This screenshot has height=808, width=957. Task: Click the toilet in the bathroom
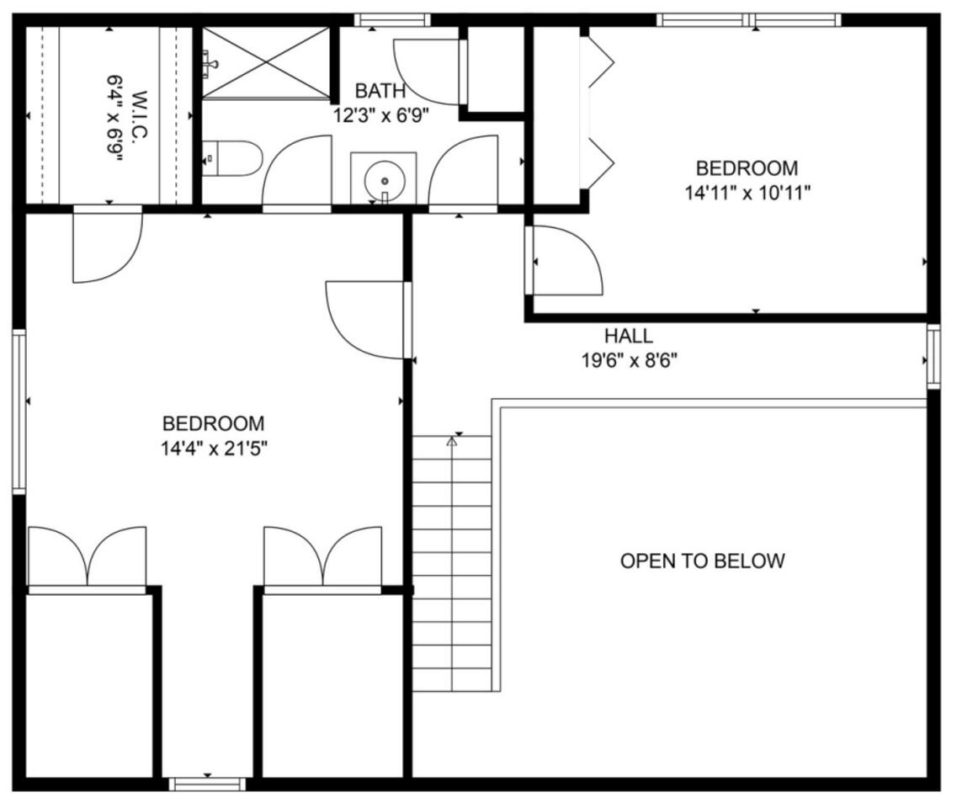pyautogui.click(x=231, y=159)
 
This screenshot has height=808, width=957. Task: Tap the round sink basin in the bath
pyautogui.click(x=385, y=181)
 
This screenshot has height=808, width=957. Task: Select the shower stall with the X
pyautogui.click(x=267, y=62)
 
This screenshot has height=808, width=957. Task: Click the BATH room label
pyautogui.click(x=380, y=91)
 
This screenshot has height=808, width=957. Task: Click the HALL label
pyautogui.click(x=629, y=336)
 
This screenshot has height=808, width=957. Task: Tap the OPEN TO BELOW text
pyautogui.click(x=703, y=561)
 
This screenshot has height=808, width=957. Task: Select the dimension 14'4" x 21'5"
pyautogui.click(x=215, y=449)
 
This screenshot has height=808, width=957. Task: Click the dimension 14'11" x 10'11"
pyautogui.click(x=747, y=194)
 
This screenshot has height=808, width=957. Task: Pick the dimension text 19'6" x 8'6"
pyautogui.click(x=630, y=361)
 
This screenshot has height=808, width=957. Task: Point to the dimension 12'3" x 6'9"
pyautogui.click(x=380, y=115)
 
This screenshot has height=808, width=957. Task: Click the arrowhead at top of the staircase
pyautogui.click(x=452, y=441)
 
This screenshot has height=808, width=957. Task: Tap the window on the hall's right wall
pyautogui.click(x=933, y=356)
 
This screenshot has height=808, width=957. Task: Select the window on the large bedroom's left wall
pyautogui.click(x=19, y=411)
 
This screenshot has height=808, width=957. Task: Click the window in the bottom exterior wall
pyautogui.click(x=207, y=784)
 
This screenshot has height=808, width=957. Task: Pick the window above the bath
pyautogui.click(x=392, y=20)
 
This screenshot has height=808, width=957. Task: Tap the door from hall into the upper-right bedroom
pyautogui.click(x=564, y=261)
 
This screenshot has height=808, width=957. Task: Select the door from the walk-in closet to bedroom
pyautogui.click(x=108, y=244)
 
